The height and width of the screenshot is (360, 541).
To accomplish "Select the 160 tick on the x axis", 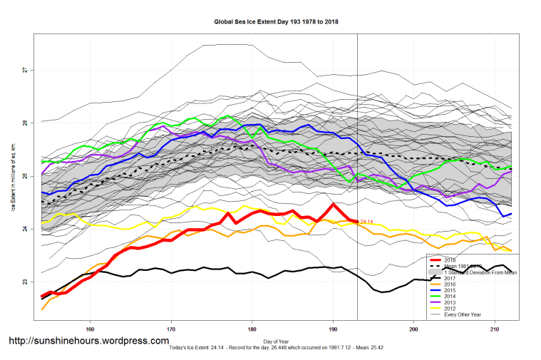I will pos(90,330).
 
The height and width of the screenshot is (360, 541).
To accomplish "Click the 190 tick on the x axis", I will pos(333,330).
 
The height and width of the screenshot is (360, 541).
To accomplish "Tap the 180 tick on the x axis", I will pos(252,330).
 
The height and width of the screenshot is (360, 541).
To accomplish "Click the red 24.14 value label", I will pos(366,222).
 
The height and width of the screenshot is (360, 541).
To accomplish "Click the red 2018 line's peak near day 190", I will pos(333,205).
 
